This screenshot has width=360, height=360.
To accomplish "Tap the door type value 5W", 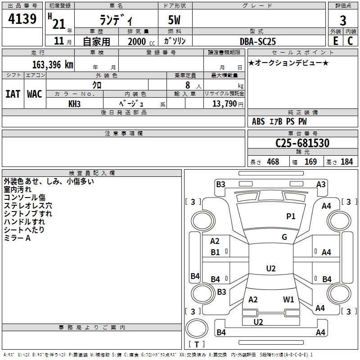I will [175, 21].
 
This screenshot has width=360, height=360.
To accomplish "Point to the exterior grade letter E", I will [335, 40].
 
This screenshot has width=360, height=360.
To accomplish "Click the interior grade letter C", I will [350, 40].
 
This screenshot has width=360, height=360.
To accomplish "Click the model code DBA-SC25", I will [258, 41].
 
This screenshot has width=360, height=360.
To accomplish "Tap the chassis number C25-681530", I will [302, 143].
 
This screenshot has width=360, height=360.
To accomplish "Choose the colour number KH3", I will [74, 103].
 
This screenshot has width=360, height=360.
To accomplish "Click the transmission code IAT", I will [13, 94].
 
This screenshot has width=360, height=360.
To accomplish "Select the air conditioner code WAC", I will [35, 94].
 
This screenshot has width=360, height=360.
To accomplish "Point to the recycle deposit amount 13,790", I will [224, 103].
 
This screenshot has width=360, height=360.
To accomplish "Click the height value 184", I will [346, 162].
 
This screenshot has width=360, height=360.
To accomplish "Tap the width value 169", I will [310, 162].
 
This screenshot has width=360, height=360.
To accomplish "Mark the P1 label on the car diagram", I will [291, 216].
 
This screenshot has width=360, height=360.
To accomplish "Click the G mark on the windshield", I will [284, 237].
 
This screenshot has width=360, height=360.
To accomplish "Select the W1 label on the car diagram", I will [288, 299].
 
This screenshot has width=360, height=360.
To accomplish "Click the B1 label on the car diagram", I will [216, 252].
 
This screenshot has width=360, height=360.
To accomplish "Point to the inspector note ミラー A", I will [17, 238].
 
